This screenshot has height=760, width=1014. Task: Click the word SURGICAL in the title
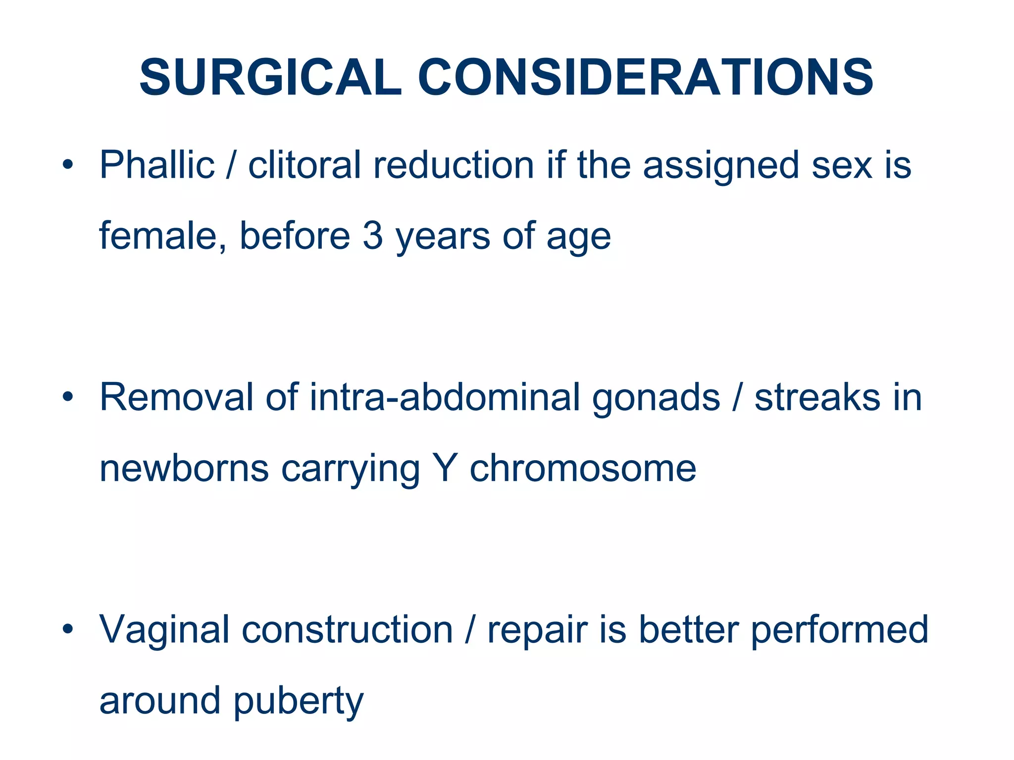point(270,78)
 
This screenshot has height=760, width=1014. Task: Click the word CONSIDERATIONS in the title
point(646,78)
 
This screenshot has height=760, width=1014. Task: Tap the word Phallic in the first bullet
point(157,165)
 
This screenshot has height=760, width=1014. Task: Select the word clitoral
point(304,165)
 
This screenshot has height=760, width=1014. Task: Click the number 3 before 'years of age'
point(372,236)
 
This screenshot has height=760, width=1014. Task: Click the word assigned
point(721,165)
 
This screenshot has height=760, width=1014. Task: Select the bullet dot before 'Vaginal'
point(68,629)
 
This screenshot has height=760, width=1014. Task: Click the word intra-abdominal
point(445,397)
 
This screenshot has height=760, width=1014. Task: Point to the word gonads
point(656,397)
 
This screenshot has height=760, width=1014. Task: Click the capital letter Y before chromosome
point(444,468)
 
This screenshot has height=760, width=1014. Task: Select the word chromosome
point(583,468)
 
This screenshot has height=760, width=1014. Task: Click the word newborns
point(184,468)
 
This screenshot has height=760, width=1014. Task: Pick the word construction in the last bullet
point(347,630)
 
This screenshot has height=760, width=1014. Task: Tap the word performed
point(839,630)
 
